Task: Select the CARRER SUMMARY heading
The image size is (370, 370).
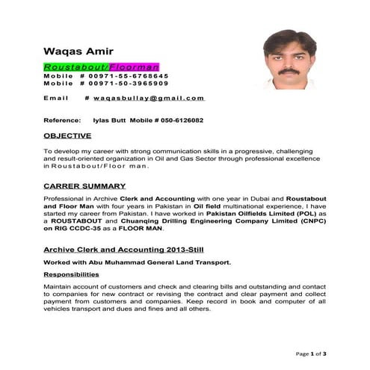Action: pyautogui.click(x=84, y=184)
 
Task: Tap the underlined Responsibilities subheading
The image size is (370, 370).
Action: pyautogui.click(x=75, y=274)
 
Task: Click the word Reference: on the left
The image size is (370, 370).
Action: pyautogui.click(x=62, y=120)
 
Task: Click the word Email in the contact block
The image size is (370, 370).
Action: pyautogui.click(x=56, y=98)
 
